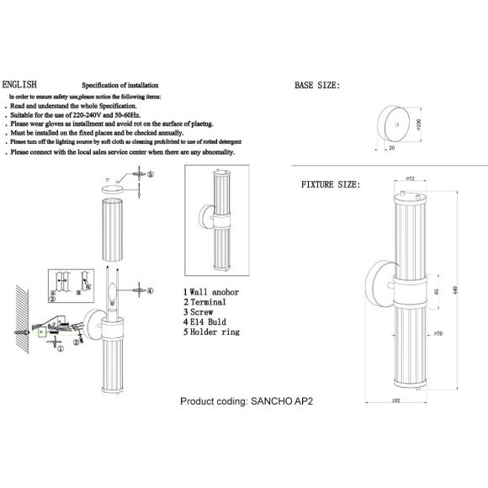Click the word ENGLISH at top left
(19, 86)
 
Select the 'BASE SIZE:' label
(317, 86)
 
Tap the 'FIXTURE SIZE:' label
(331, 184)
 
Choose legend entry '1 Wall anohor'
(211, 290)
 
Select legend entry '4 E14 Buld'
(206, 322)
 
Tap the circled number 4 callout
(150, 291)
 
